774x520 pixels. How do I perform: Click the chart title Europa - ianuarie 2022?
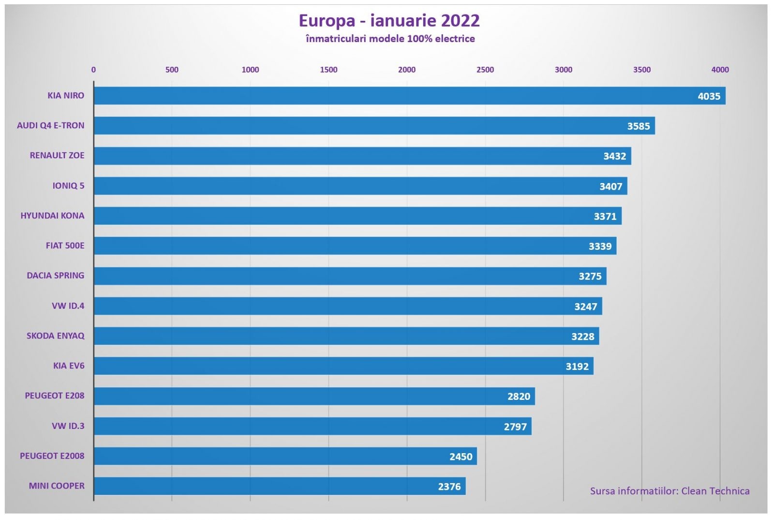tap(389, 21)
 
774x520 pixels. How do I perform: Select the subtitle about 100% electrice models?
tap(390, 39)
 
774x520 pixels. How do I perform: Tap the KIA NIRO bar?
tap(387, 96)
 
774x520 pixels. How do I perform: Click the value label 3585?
tap(639, 126)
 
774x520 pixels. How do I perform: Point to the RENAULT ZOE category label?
tap(57, 155)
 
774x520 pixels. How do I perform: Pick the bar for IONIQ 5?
tap(339, 186)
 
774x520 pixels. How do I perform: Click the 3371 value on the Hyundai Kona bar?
tap(605, 216)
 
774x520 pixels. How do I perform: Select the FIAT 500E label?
tap(65, 245)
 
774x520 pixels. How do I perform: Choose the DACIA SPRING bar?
tap(339, 276)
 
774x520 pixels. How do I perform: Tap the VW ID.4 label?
tap(68, 306)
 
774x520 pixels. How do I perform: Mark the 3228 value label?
tap(582, 336)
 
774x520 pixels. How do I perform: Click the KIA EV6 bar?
tap(339, 366)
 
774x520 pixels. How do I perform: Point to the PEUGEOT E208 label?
tap(55, 396)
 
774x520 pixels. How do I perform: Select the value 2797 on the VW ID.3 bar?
tap(515, 427)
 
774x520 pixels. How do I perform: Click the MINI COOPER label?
tap(57, 486)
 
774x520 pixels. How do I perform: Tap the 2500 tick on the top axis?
tap(485, 70)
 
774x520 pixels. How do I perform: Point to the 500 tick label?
tap(172, 70)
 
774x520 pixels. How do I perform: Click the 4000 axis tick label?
tap(720, 70)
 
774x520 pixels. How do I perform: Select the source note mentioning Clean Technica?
tap(670, 491)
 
